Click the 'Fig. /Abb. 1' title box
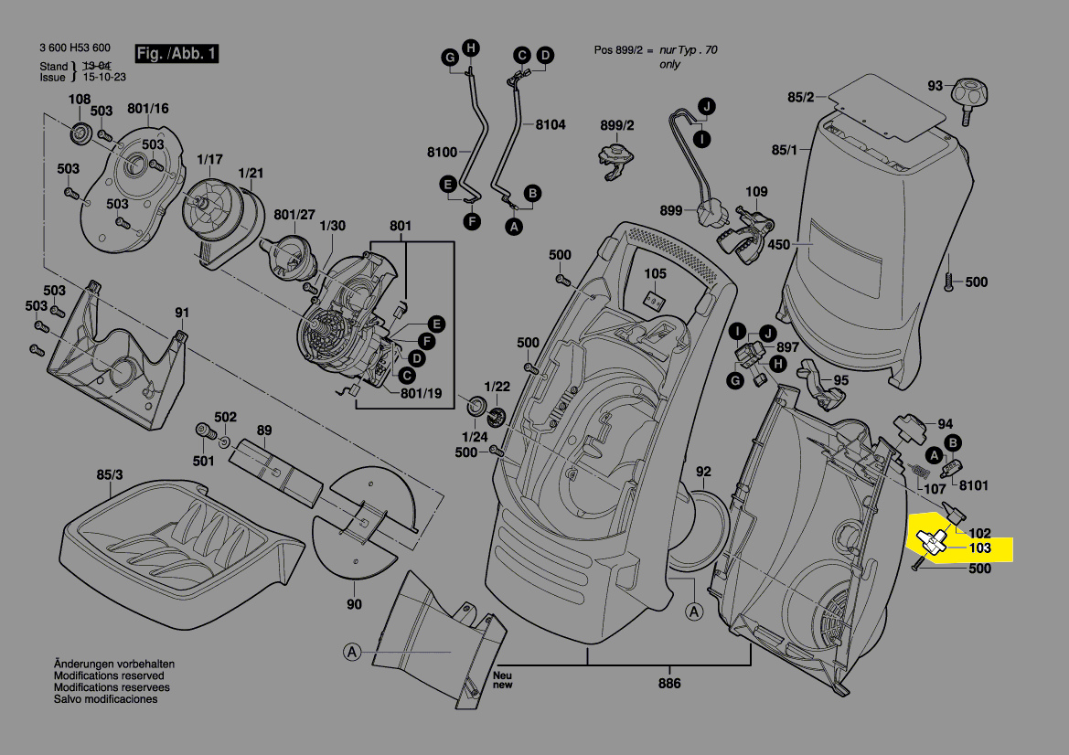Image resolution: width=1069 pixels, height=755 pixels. (176, 54)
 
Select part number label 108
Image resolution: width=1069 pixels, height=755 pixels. (80, 99)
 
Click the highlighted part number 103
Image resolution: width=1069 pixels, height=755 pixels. (979, 548)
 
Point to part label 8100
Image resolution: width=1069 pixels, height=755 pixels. (442, 152)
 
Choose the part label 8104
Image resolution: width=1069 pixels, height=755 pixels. (551, 124)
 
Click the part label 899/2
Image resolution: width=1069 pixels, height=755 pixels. (617, 124)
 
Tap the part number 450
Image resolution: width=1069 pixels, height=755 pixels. (778, 244)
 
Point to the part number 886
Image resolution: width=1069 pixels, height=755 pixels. (669, 684)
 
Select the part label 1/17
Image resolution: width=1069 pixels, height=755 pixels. (209, 159)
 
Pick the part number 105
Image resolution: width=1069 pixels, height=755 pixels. (655, 273)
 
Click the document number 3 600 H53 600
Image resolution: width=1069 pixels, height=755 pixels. (75, 48)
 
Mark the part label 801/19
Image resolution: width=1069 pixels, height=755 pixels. (420, 394)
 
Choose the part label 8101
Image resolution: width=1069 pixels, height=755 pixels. (972, 485)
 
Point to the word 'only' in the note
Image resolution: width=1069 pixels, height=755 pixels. (669, 65)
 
